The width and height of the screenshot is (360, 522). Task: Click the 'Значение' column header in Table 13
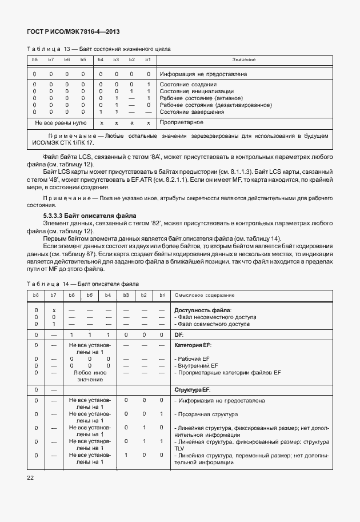point(243,60)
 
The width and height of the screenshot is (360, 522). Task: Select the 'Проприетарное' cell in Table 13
point(182,122)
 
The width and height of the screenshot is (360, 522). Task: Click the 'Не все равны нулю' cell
point(61,123)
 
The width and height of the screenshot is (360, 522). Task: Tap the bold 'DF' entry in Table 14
point(178,334)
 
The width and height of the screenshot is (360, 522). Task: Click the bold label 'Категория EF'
point(192,346)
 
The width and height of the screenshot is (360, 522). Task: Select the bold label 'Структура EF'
point(192,389)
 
